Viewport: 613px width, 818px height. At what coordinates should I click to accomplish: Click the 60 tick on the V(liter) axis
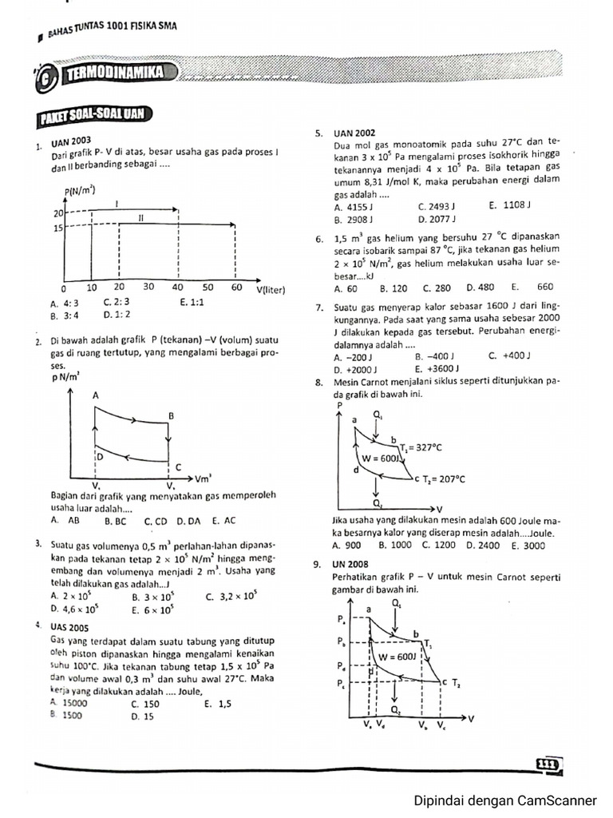coord(236,287)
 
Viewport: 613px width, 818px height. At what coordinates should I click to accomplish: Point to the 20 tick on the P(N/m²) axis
coord(57,214)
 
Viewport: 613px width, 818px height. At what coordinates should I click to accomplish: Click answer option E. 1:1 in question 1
coord(192,303)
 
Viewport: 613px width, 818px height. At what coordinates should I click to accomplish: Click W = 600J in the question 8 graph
coord(382,459)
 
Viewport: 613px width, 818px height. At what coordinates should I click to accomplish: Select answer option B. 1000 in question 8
coord(395,545)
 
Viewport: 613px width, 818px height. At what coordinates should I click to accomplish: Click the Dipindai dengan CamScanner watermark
coord(504,800)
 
